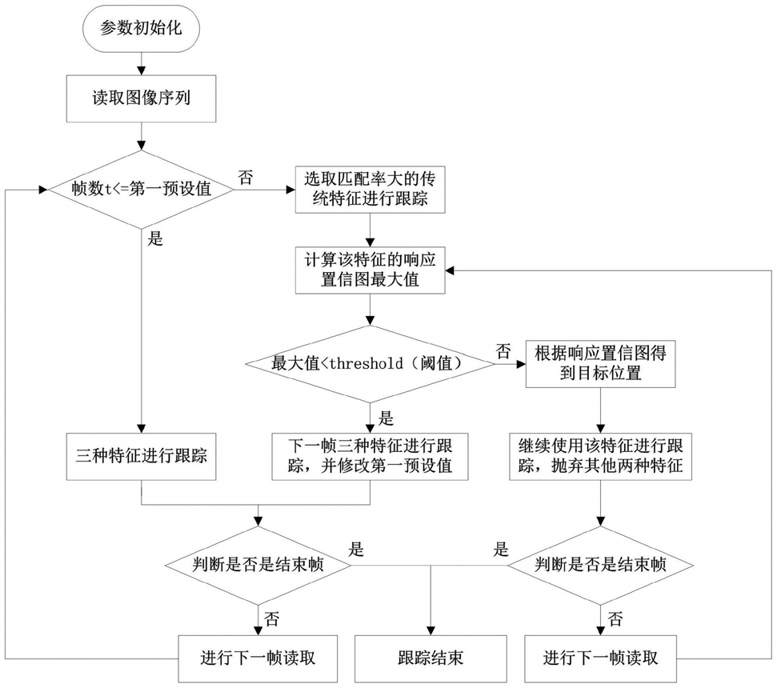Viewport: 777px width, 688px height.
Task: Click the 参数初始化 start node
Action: tap(142, 28)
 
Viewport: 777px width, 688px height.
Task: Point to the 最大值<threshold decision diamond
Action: tap(369, 364)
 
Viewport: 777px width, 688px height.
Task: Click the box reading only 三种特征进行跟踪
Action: tap(142, 457)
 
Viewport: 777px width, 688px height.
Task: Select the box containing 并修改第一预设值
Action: tap(369, 457)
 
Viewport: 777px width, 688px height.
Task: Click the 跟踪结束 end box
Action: tap(431, 658)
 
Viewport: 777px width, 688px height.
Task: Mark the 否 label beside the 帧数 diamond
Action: tap(246, 177)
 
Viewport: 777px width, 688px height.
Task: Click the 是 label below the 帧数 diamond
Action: tap(155, 239)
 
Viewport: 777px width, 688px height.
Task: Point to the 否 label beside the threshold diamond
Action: tap(503, 350)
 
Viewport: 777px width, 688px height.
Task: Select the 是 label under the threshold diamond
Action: tap(386, 417)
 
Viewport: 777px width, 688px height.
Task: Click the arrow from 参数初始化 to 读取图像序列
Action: tap(142, 62)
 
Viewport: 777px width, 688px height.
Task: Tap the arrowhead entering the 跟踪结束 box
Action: tap(431, 629)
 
